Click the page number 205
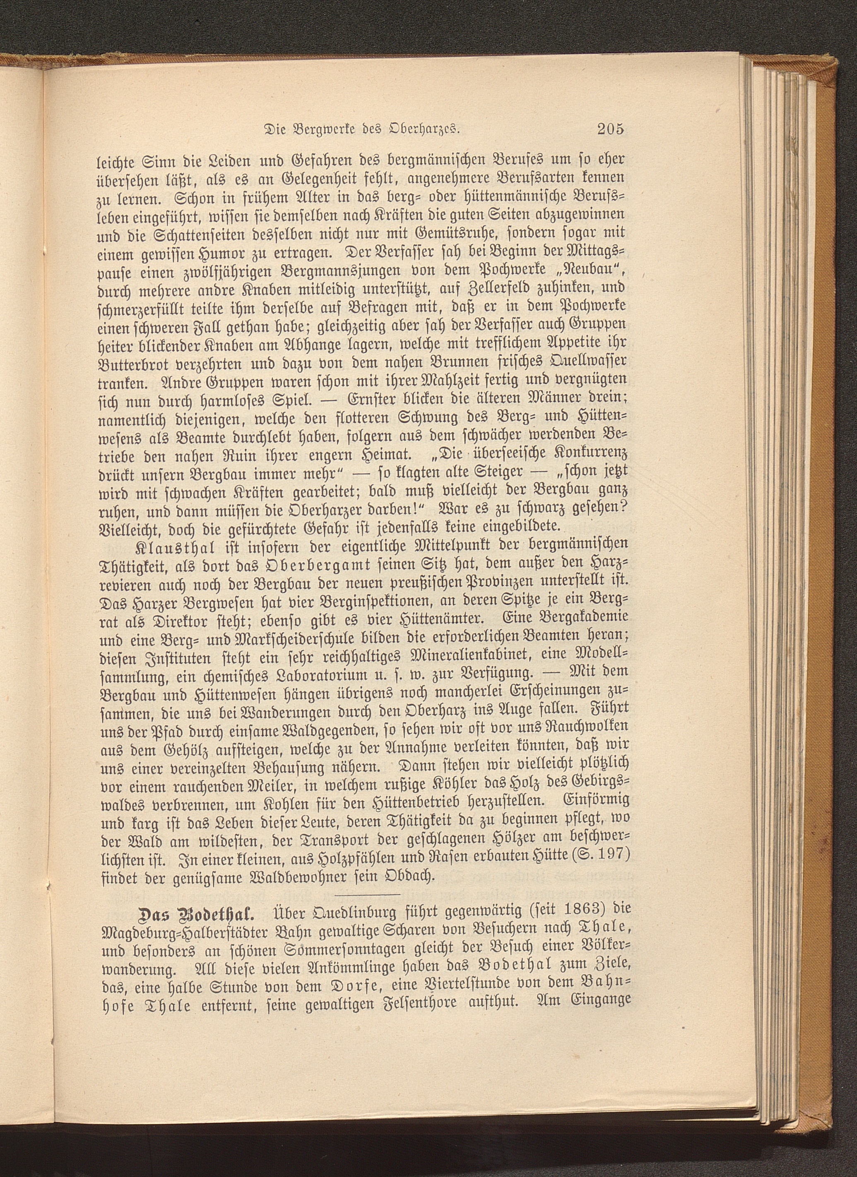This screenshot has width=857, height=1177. tap(609, 129)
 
